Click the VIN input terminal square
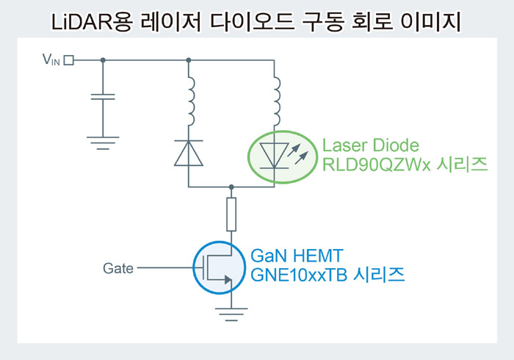click(68, 60)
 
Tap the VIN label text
click(51, 60)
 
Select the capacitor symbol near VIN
click(103, 97)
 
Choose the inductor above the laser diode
click(277, 101)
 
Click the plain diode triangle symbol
click(189, 153)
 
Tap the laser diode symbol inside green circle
click(283, 156)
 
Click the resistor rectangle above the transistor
click(231, 215)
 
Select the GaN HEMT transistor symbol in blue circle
click(219, 267)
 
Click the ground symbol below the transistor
click(231, 314)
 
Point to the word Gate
click(118, 268)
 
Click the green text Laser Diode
click(371, 145)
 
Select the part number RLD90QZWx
click(376, 165)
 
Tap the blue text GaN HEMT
click(297, 256)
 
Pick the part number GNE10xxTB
click(299, 275)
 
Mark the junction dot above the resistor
click(231, 187)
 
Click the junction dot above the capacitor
click(103, 60)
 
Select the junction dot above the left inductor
click(189, 60)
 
